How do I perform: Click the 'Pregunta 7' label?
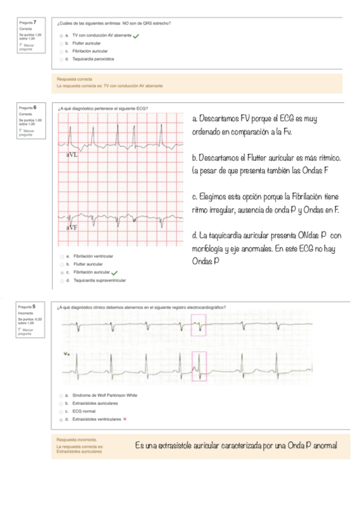point(28,22)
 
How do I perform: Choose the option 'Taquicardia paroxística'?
point(93,60)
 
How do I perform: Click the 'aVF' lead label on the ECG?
point(72,228)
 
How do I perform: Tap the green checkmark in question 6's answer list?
point(114,272)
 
